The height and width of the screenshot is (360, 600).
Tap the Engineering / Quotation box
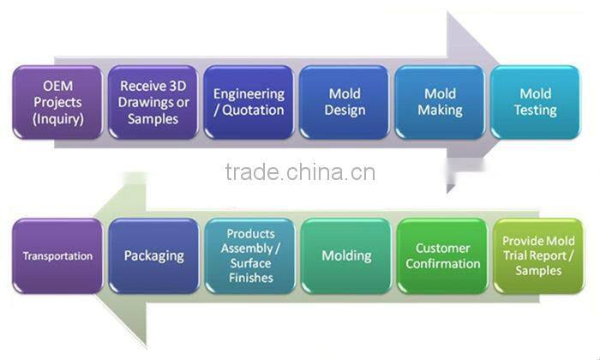pyautogui.click(x=249, y=101)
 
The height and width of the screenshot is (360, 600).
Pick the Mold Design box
pyautogui.click(x=345, y=101)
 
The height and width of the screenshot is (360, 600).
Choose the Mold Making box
pyautogui.click(x=441, y=101)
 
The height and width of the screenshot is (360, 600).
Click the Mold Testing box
pyautogui.click(x=537, y=101)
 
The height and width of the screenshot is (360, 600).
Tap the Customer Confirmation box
pyautogui.click(x=441, y=255)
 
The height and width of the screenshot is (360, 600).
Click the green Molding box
pyautogui.click(x=345, y=255)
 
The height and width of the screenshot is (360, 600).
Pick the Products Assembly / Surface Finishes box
pyautogui.click(x=249, y=255)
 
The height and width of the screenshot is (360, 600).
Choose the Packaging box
pyautogui.click(x=153, y=255)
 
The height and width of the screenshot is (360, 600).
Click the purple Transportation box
pyautogui.click(x=57, y=255)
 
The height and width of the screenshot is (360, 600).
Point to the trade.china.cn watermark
pyautogui.click(x=299, y=172)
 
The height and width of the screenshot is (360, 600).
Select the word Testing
pyautogui.click(x=537, y=111)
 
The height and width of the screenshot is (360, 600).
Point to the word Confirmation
pyautogui.click(x=441, y=264)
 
